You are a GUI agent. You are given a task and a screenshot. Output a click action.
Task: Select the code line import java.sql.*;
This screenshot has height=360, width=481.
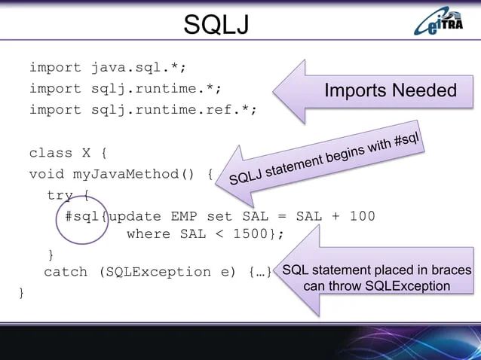tap(107, 68)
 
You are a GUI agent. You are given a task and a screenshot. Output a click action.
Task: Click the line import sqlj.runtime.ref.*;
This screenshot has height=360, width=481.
tap(142, 110)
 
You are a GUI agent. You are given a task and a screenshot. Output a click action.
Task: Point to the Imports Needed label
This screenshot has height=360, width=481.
tap(390, 91)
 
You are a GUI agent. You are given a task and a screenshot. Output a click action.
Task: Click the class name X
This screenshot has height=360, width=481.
tap(87, 153)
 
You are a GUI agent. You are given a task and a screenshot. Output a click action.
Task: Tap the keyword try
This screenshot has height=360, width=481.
tap(60, 195)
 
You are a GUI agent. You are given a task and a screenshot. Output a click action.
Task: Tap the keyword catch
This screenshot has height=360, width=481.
tap(66, 272)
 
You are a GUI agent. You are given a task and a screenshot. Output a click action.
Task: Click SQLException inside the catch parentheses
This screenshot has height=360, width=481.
tap(158, 272)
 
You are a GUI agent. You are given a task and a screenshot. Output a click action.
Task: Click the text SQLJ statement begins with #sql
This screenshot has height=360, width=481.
tap(324, 158)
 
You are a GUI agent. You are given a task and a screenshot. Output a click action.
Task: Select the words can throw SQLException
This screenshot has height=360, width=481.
tap(376, 286)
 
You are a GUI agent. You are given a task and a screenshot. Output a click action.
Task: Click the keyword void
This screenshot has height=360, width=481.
tap(47, 175)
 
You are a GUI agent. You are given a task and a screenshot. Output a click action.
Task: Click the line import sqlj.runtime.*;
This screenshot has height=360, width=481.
tap(125, 89)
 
